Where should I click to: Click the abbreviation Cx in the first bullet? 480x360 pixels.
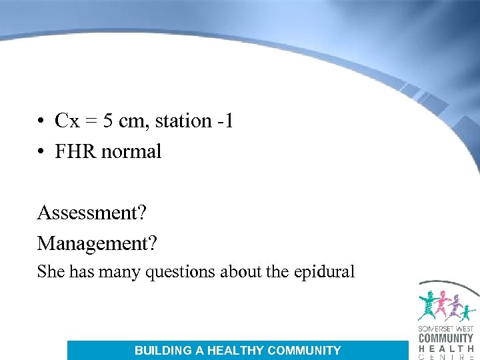(x=65, y=121)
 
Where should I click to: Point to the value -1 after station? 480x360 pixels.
(x=225, y=121)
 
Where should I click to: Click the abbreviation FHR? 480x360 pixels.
(x=75, y=151)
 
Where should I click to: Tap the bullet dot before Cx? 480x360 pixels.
(x=41, y=121)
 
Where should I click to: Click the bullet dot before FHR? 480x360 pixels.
(x=41, y=152)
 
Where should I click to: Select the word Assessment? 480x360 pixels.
(x=92, y=213)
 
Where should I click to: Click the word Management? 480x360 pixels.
(x=97, y=243)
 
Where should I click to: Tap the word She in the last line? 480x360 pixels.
(x=49, y=271)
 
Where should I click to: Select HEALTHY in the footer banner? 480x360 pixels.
(x=236, y=350)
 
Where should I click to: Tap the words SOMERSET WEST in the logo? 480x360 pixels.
(x=445, y=329)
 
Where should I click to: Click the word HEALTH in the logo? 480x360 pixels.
(x=445, y=348)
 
